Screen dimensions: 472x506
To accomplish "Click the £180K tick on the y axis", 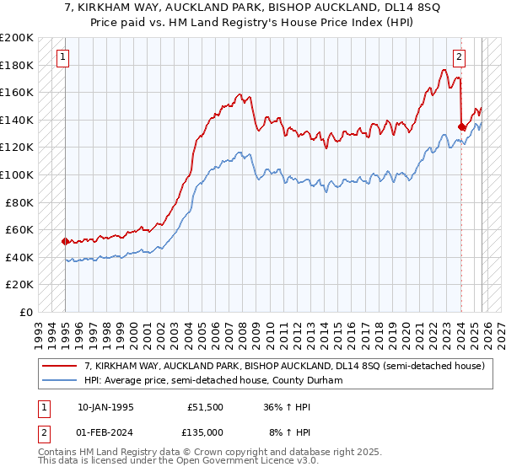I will click(x=17, y=65).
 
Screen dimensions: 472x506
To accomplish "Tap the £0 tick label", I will click(x=25, y=312).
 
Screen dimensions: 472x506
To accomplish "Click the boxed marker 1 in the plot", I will click(x=63, y=57).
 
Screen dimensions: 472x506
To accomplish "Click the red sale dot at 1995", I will click(x=65, y=241).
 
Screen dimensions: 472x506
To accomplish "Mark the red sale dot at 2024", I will click(x=461, y=126).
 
